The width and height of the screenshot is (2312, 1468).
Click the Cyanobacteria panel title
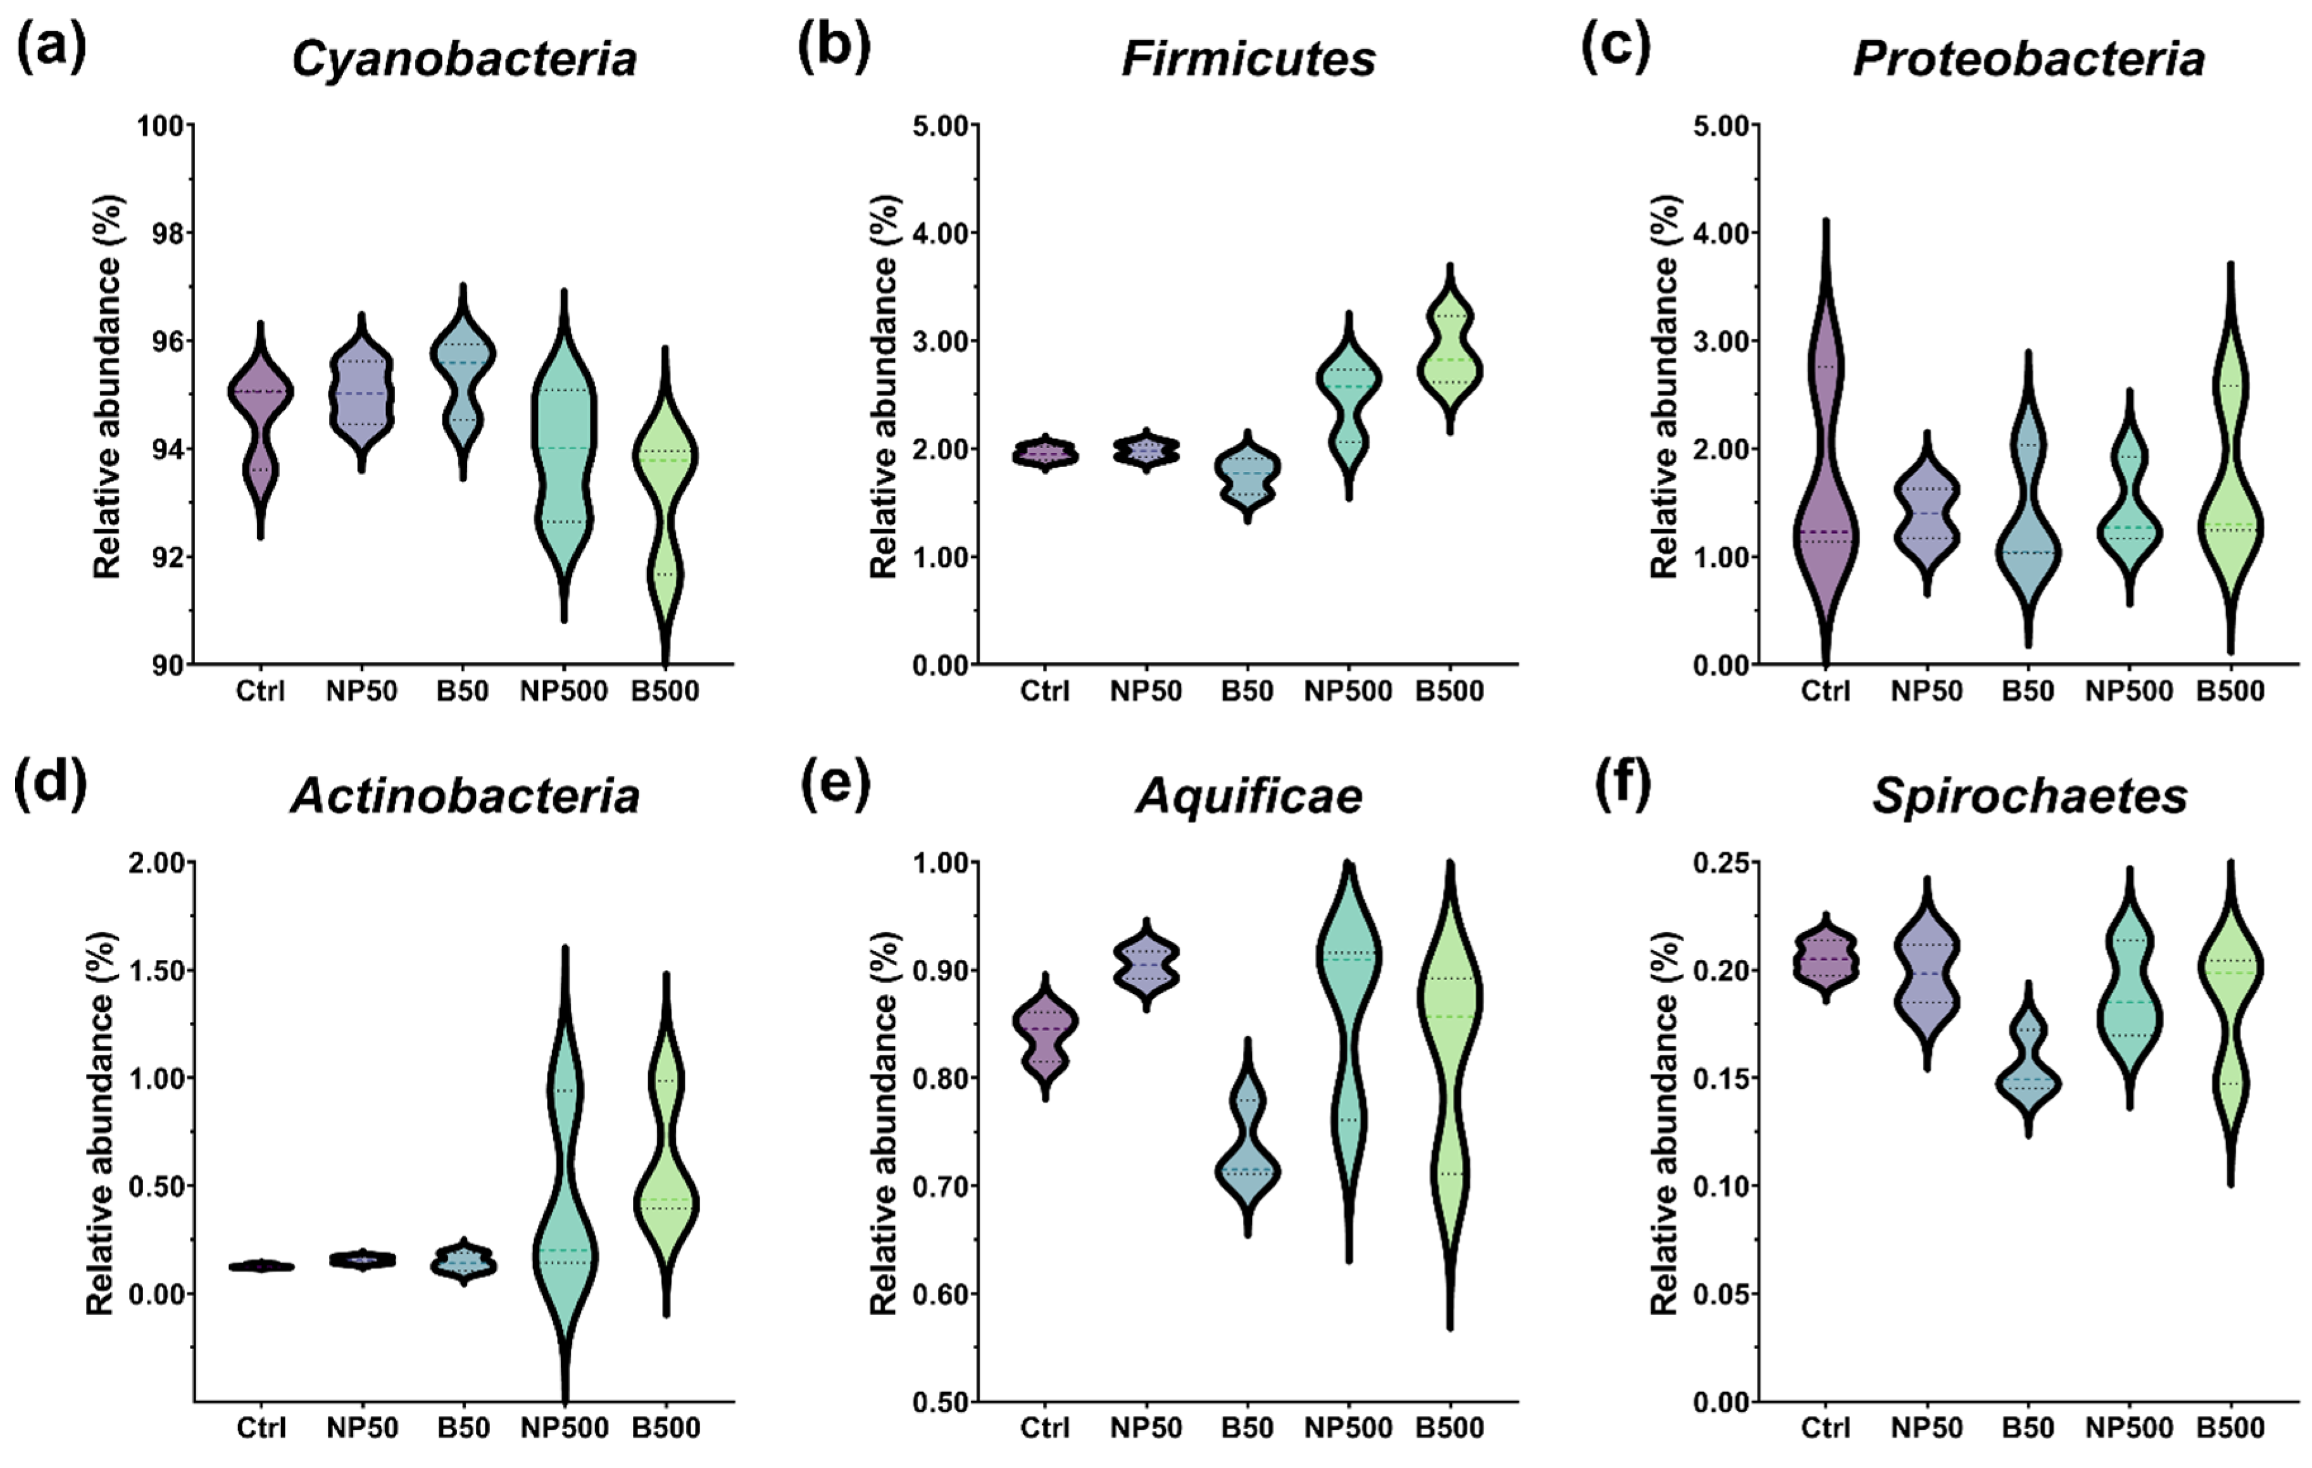(464, 59)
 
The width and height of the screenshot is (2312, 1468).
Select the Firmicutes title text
(1248, 59)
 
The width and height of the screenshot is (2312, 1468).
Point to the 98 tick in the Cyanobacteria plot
(171, 233)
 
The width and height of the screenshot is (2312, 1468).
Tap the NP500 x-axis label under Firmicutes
(1348, 691)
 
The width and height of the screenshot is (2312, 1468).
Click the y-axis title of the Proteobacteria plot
(1665, 386)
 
